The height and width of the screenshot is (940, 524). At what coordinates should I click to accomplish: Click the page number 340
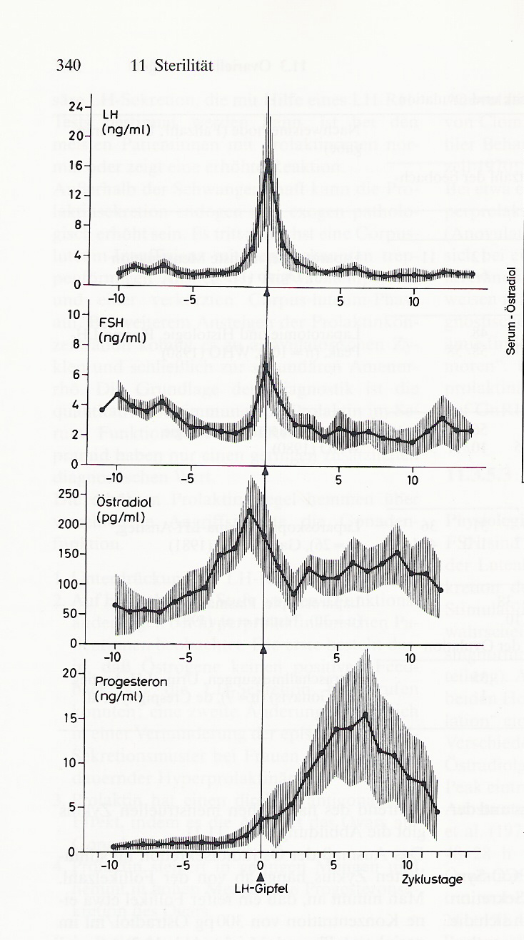[x=68, y=66]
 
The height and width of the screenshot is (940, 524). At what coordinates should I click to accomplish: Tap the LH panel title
[x=110, y=114]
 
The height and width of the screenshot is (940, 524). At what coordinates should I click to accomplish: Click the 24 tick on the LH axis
[x=76, y=106]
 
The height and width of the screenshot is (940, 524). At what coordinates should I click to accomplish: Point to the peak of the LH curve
[x=268, y=163]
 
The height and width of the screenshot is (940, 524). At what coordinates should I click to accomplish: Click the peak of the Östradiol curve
[x=249, y=510]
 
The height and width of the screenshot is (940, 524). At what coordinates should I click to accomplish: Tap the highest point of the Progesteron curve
[x=365, y=714]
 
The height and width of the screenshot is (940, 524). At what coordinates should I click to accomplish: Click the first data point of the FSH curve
[x=103, y=410]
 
